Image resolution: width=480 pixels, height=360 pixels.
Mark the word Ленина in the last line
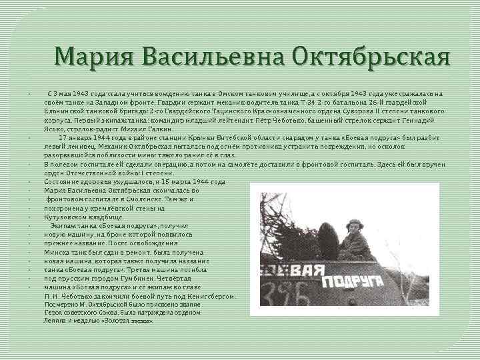point(56,320)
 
